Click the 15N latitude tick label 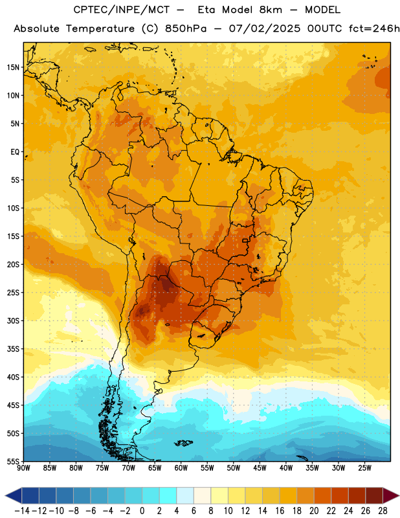tap(13, 67)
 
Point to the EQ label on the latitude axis tap(15, 152)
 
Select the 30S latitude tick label tap(13, 321)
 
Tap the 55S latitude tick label tap(13, 462)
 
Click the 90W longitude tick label tap(24, 468)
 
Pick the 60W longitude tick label tap(181, 468)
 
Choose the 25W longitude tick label tap(364, 468)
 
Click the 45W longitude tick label tap(260, 468)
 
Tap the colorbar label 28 tap(383, 511)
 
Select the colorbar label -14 tap(22, 511)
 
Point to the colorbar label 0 tap(142, 511)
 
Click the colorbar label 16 tap(280, 511)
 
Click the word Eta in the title tap(206, 10)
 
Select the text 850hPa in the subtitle tap(186, 28)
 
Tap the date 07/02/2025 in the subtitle tap(265, 28)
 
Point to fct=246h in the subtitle tap(374, 28)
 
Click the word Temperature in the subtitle tap(100, 29)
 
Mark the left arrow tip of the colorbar tap(5, 496)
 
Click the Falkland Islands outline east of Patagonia tap(183, 443)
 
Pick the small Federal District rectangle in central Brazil tap(245, 240)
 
